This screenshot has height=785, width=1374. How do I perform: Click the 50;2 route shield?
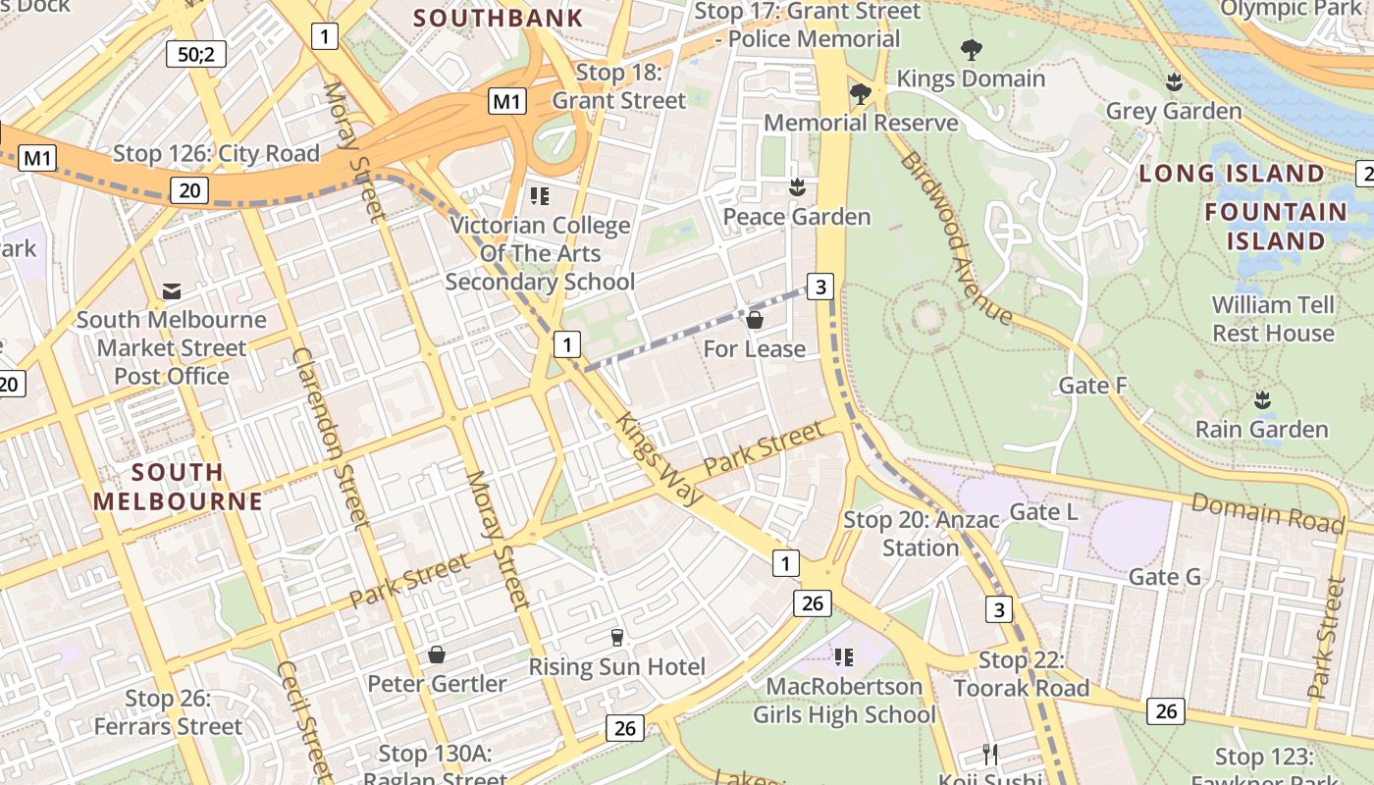pos(196,54)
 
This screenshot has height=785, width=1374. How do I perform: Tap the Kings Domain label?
pos(971,78)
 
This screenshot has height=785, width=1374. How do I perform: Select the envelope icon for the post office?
pos(172,291)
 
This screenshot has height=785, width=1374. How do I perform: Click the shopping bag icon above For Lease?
pos(755,320)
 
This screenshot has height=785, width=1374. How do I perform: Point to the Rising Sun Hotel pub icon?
pos(616,638)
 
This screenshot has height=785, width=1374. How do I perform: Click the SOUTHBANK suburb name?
pos(498,18)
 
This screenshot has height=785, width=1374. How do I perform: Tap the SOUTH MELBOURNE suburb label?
pos(178,487)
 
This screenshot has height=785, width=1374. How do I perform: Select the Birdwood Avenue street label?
pos(956,238)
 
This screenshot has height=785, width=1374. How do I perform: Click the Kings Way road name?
pos(660,459)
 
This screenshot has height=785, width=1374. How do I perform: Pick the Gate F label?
pos(1092,386)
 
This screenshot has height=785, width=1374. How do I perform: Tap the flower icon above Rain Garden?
pos(1262,400)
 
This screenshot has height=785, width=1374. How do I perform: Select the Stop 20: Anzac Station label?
pos(921,534)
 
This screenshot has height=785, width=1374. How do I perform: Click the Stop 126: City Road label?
pos(216,154)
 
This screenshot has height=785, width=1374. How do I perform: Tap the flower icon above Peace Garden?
pos(797,187)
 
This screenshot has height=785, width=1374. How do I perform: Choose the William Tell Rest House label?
pos(1273,319)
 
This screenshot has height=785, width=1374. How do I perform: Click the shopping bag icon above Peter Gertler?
pos(437,654)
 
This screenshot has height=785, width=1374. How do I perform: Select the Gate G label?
pos(1164,577)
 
